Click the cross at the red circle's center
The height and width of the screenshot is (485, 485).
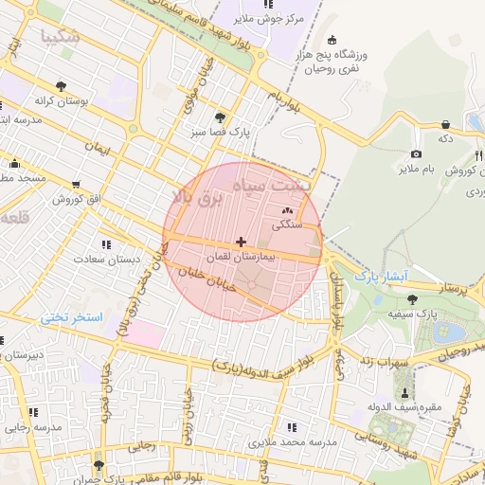click(x=241, y=243)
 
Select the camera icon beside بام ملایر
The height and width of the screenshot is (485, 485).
click(x=416, y=154)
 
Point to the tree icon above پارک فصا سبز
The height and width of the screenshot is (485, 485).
click(x=221, y=117)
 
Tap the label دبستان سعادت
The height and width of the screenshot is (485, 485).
click(x=134, y=258)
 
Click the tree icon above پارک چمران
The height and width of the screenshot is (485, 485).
click(x=99, y=465)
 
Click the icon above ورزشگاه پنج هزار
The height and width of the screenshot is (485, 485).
click(x=332, y=40)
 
